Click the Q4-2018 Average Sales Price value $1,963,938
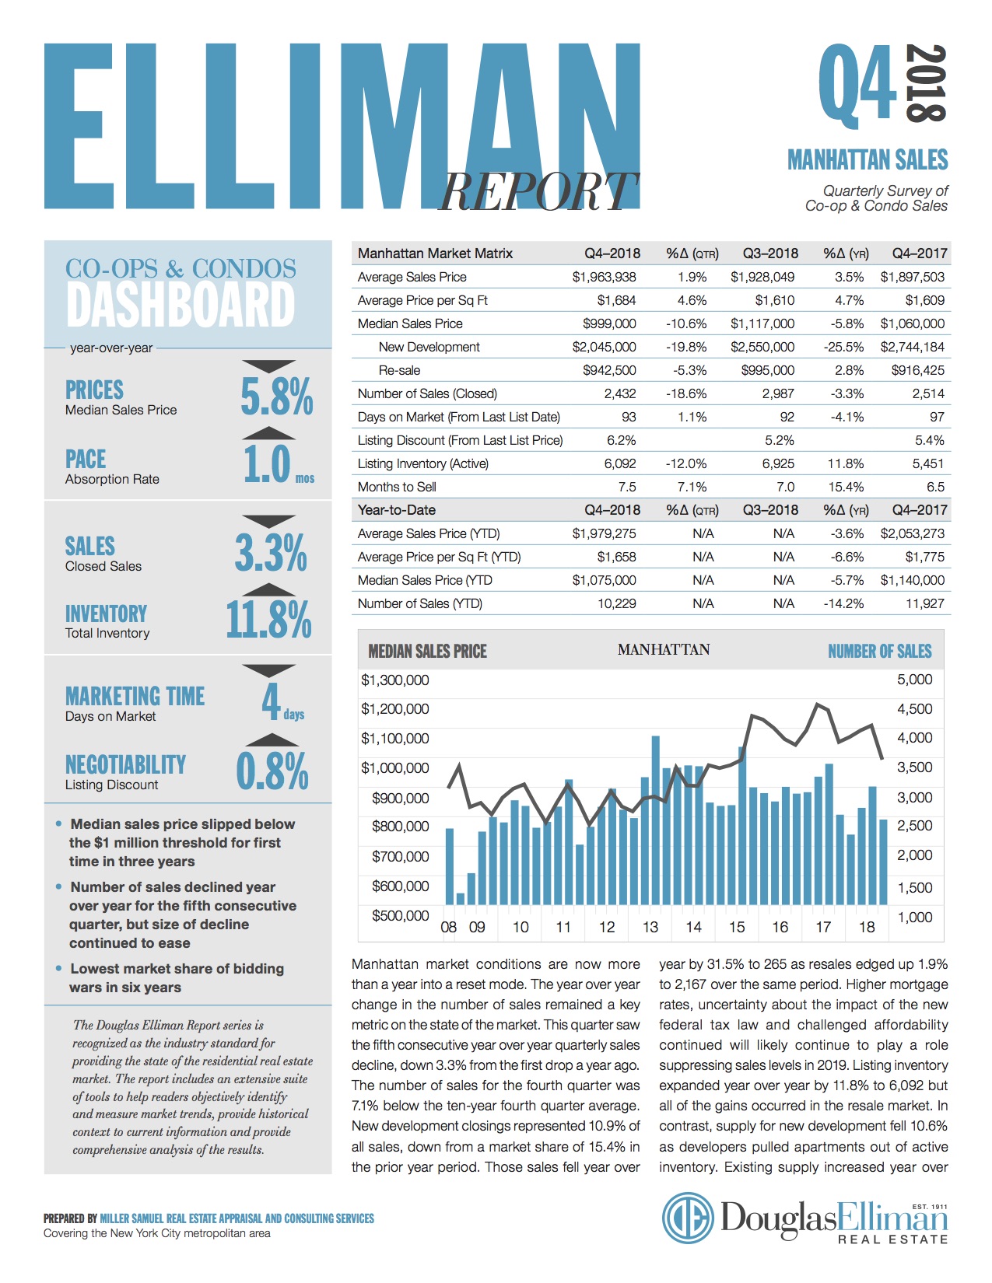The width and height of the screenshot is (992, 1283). point(604,277)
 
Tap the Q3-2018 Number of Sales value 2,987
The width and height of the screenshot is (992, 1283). point(778,393)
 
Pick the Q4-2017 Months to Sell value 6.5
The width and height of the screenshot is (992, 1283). point(935,487)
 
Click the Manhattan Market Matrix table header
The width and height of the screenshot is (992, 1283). point(435,253)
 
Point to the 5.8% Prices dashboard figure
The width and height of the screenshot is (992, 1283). point(276,397)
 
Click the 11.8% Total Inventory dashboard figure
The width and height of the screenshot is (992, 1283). point(268,620)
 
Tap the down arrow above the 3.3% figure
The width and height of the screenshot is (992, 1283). point(268,520)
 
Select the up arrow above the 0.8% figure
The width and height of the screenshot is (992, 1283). point(268,739)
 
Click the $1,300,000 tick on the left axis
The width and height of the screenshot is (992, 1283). point(394,680)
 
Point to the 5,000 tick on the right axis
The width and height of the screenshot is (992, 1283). point(914,680)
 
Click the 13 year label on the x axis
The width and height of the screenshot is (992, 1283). point(650,927)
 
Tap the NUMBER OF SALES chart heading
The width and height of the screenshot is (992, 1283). point(879,652)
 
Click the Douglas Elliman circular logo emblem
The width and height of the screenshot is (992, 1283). point(688,1218)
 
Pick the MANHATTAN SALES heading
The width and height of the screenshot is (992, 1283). point(868,160)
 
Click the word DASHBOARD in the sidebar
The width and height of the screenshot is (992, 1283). point(181,305)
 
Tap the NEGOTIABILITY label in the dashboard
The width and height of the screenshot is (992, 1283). point(125,765)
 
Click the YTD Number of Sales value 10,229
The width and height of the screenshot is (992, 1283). point(616,603)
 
